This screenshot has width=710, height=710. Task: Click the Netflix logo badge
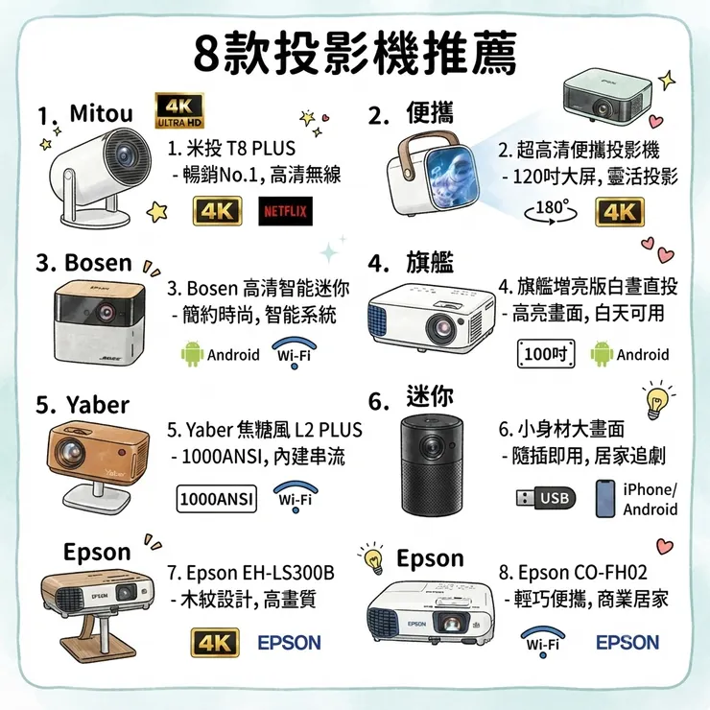[285, 211]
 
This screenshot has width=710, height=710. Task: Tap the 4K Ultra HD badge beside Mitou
[179, 111]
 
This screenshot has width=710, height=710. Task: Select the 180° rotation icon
[551, 211]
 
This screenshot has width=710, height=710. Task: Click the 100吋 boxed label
[546, 353]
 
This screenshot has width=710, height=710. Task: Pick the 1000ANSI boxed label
[217, 499]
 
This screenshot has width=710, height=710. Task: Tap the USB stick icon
[546, 498]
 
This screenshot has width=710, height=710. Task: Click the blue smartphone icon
[605, 498]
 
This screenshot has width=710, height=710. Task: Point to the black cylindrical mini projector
[433, 466]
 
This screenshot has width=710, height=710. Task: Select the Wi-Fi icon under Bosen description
[295, 352]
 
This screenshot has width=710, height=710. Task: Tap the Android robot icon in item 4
[602, 354]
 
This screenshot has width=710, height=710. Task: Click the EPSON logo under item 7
[290, 643]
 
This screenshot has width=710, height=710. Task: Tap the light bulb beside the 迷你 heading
[655, 401]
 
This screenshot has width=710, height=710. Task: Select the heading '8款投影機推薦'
[355, 53]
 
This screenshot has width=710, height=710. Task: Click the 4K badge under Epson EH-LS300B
[215, 642]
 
